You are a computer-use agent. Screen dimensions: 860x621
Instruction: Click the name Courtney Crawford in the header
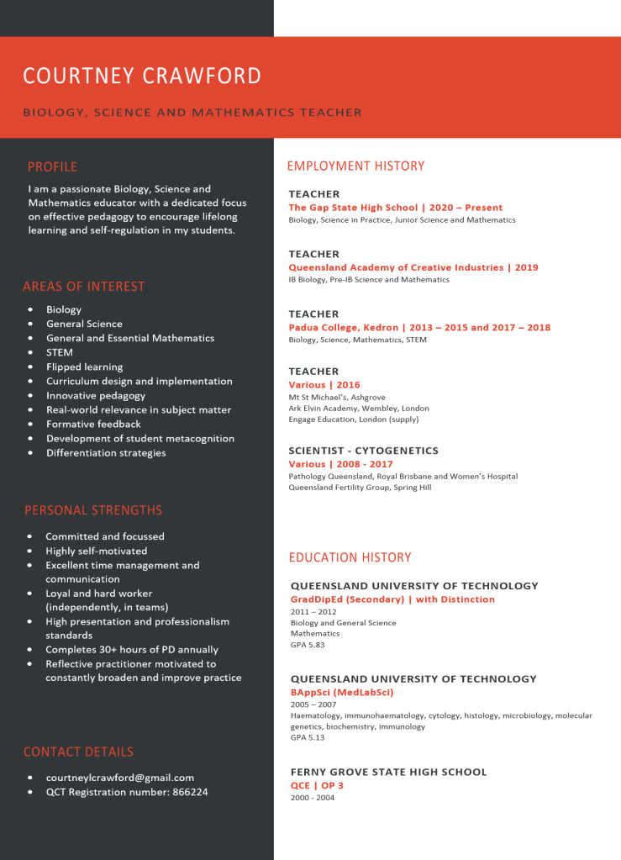pyautogui.click(x=142, y=76)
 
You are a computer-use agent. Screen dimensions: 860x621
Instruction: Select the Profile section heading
pyautogui.click(x=52, y=166)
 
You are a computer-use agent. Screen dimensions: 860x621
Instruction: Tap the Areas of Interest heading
pyautogui.click(x=84, y=287)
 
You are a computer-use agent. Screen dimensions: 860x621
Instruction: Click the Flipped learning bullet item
pyautogui.click(x=84, y=367)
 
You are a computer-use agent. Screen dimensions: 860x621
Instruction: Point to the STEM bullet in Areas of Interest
pyautogui.click(x=60, y=352)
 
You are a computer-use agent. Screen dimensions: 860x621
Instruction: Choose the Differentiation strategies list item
pyautogui.click(x=106, y=453)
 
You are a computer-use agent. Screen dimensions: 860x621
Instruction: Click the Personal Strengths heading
pyautogui.click(x=93, y=510)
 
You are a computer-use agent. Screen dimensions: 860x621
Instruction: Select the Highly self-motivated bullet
pyautogui.click(x=96, y=551)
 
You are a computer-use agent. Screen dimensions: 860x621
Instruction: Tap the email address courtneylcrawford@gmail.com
pyautogui.click(x=120, y=778)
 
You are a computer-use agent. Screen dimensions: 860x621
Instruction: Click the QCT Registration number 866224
pyautogui.click(x=127, y=792)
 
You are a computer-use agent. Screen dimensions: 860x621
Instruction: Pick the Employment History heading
pyautogui.click(x=355, y=166)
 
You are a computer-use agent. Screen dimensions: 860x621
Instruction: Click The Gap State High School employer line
pyautogui.click(x=395, y=208)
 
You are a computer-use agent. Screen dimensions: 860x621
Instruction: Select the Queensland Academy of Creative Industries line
pyautogui.click(x=413, y=267)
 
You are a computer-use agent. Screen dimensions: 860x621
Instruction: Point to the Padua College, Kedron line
pyautogui.click(x=419, y=327)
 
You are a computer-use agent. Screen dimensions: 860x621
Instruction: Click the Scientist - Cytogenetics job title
pyautogui.click(x=363, y=451)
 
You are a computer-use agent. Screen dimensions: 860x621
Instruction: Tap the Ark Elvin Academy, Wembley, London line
pyautogui.click(x=359, y=408)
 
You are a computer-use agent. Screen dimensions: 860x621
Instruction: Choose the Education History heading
pyautogui.click(x=350, y=557)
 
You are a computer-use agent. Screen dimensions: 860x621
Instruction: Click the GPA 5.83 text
pyautogui.click(x=308, y=645)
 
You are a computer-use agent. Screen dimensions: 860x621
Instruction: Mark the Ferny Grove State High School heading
pyautogui.click(x=388, y=772)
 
